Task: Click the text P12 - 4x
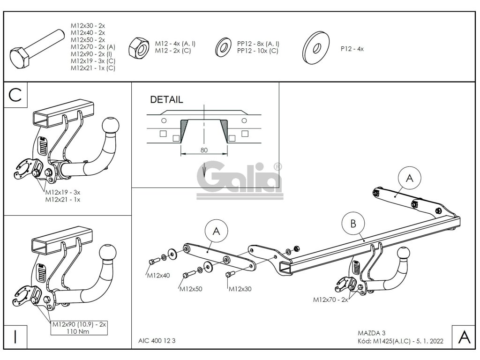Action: click(x=352, y=48)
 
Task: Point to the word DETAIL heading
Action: click(x=166, y=100)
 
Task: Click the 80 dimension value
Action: click(x=204, y=150)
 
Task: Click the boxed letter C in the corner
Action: click(x=15, y=95)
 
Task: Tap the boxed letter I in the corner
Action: click(x=15, y=337)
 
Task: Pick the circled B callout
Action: click(x=353, y=224)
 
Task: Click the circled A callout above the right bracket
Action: click(x=409, y=178)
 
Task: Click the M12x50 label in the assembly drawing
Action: click(x=191, y=289)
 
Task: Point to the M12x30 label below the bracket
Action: click(x=240, y=289)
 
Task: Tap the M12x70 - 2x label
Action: click(x=330, y=300)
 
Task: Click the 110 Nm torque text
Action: click(x=79, y=331)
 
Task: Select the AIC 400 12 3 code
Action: click(x=157, y=341)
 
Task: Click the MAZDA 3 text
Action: click(x=367, y=334)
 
